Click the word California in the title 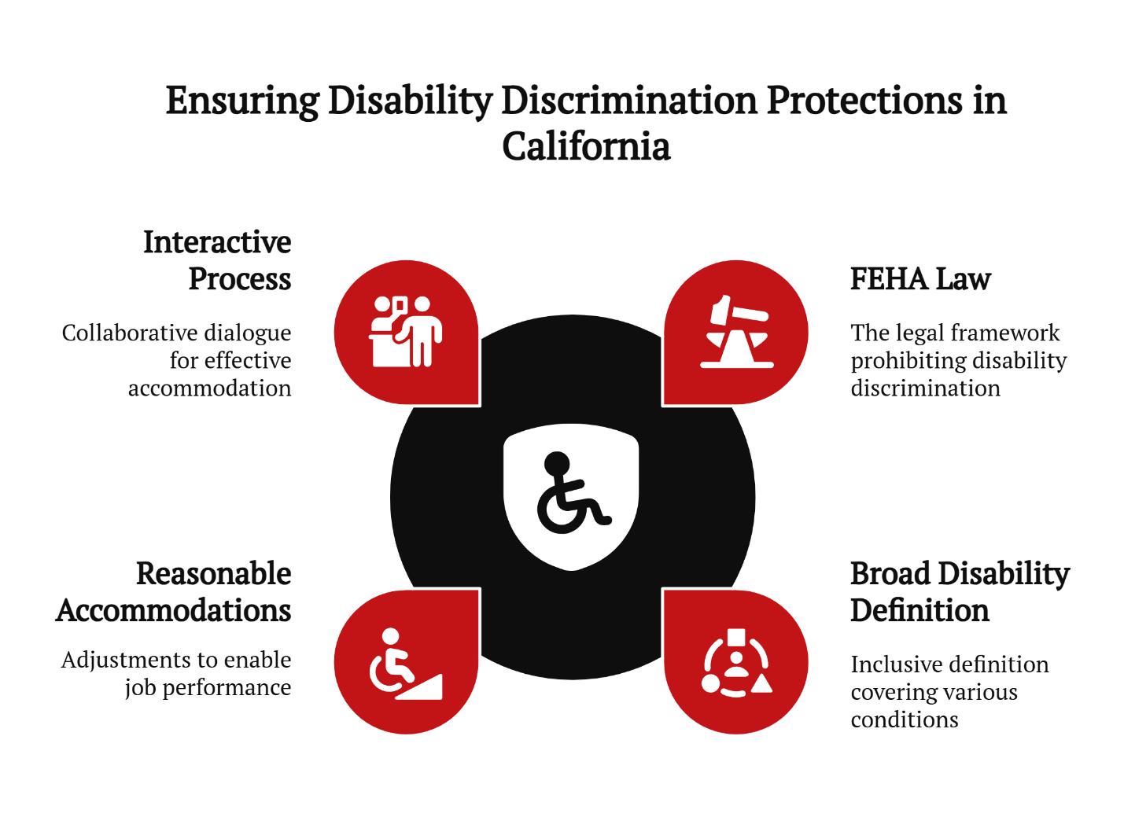[x=586, y=146]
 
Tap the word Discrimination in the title [x=629, y=101]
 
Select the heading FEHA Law [x=920, y=279]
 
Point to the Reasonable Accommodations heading [x=174, y=592]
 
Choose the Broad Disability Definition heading [x=960, y=592]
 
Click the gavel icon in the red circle [x=737, y=332]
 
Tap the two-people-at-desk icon [x=405, y=332]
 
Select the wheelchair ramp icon [x=406, y=664]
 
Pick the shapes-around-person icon [x=737, y=663]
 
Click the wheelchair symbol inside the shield [x=573, y=492]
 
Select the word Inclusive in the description [x=894, y=665]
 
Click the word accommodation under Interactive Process [x=210, y=388]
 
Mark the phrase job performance [x=208, y=688]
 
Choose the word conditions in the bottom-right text [x=905, y=720]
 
